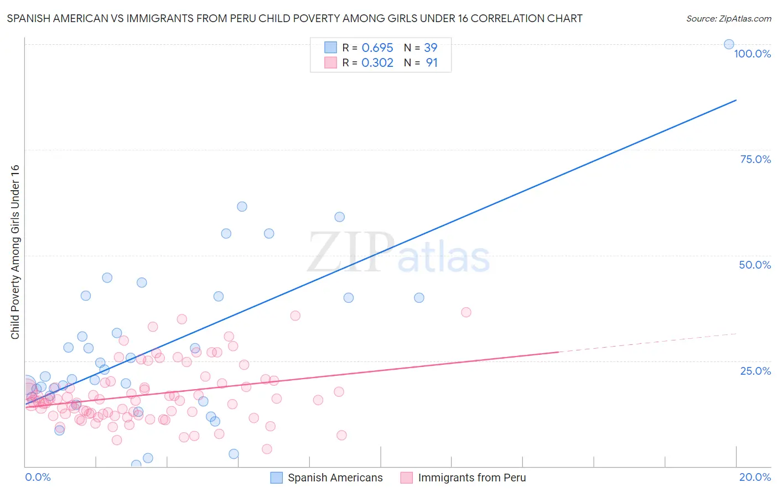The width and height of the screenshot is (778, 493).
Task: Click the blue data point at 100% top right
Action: pyautogui.click(x=729, y=44)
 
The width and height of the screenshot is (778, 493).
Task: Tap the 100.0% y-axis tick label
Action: pyautogui.click(x=752, y=54)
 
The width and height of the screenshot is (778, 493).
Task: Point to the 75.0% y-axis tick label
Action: pyautogui.click(x=755, y=159)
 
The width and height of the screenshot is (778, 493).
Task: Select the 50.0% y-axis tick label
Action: pyautogui.click(x=755, y=265)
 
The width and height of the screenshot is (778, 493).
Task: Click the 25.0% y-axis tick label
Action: pyautogui.click(x=755, y=371)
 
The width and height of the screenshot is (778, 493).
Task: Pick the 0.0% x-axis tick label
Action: pyautogui.click(x=38, y=477)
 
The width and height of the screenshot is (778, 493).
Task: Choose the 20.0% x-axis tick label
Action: pyautogui.click(x=755, y=477)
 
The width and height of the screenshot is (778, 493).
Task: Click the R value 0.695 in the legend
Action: pyautogui.click(x=377, y=48)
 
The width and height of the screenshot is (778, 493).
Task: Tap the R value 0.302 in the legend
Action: pyautogui.click(x=377, y=63)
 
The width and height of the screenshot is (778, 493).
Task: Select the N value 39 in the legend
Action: pyautogui.click(x=431, y=48)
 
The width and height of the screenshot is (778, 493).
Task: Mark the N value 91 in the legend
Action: pyautogui.click(x=432, y=63)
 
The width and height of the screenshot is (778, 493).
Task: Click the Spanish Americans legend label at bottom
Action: pyautogui.click(x=335, y=478)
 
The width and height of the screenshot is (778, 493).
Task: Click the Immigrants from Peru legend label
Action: pyautogui.click(x=471, y=478)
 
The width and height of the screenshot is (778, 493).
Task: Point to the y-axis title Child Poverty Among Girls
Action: pyautogui.click(x=15, y=252)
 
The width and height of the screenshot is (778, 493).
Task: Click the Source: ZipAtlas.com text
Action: pyautogui.click(x=728, y=19)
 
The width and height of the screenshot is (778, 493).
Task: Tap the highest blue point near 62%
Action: pyautogui.click(x=242, y=207)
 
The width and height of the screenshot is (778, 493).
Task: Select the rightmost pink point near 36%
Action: pyautogui.click(x=466, y=312)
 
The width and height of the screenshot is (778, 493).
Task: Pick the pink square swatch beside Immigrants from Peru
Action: pyautogui.click(x=407, y=478)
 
